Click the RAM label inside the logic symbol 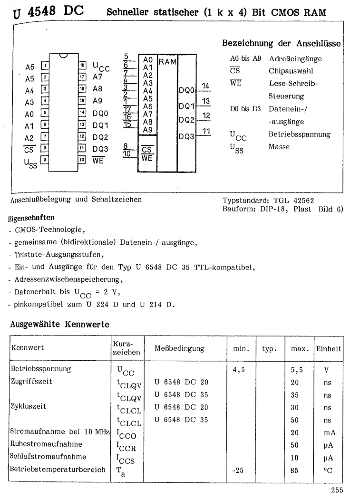point(167,61)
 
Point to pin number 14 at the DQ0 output point(205,86)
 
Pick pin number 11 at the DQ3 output point(205,131)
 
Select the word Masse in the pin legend point(279,147)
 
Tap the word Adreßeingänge point(295,59)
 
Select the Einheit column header point(329,348)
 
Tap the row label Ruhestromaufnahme point(46,444)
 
